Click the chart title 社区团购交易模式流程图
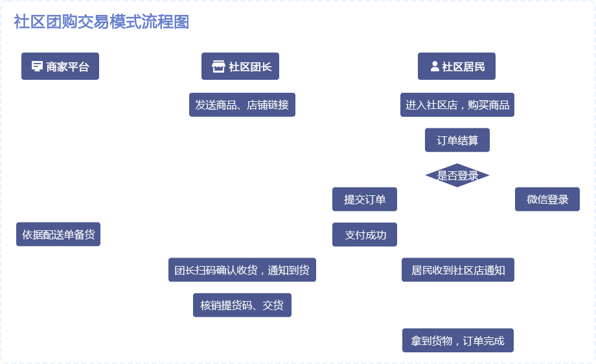[x=101, y=22]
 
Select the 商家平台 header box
[x=60, y=66]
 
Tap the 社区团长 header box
[x=240, y=66]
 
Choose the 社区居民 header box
[x=457, y=66]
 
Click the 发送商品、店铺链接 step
[x=242, y=104]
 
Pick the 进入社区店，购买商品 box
[x=457, y=104]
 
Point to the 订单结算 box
[x=457, y=140]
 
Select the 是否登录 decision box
[x=457, y=175]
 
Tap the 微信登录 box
[x=547, y=199]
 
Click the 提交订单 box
[x=365, y=199]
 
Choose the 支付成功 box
[x=365, y=235]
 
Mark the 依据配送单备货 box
[x=58, y=234]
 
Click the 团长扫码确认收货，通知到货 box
[x=242, y=270]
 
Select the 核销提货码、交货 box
[x=242, y=305]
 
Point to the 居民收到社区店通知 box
[x=458, y=270]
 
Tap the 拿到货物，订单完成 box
[x=458, y=341]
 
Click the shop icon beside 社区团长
[x=218, y=66]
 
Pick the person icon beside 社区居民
[x=435, y=66]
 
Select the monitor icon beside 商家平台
[x=37, y=66]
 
